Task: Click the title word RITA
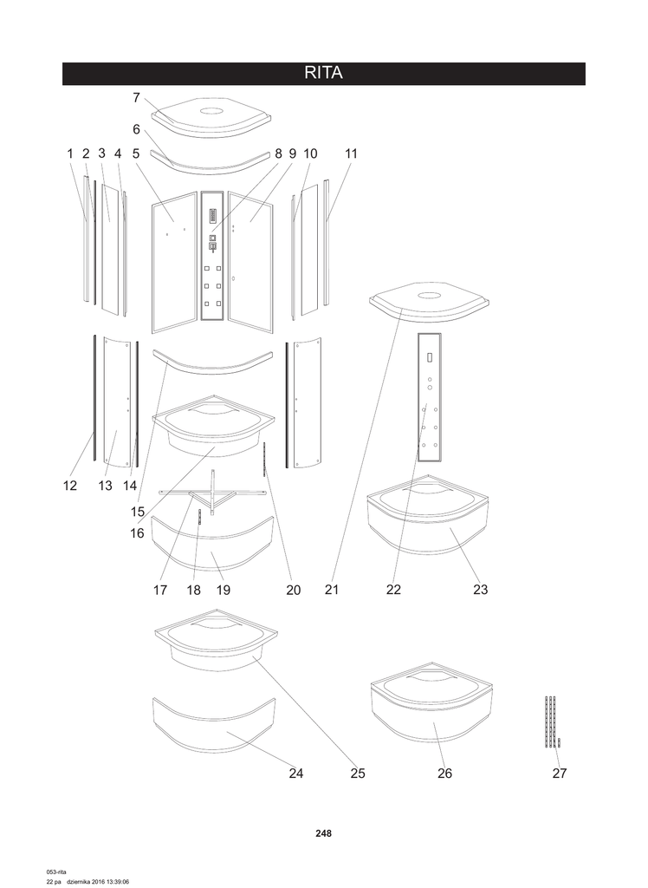coord(324,74)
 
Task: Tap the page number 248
coord(324,833)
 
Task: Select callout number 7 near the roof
coord(137,98)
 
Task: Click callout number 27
coord(560,773)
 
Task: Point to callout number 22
coord(394,590)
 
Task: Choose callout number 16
coord(137,533)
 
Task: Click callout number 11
coord(351,153)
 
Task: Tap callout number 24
coord(296,773)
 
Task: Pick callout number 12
coord(70,486)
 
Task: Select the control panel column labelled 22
coord(430,396)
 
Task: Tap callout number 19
coord(223,590)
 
